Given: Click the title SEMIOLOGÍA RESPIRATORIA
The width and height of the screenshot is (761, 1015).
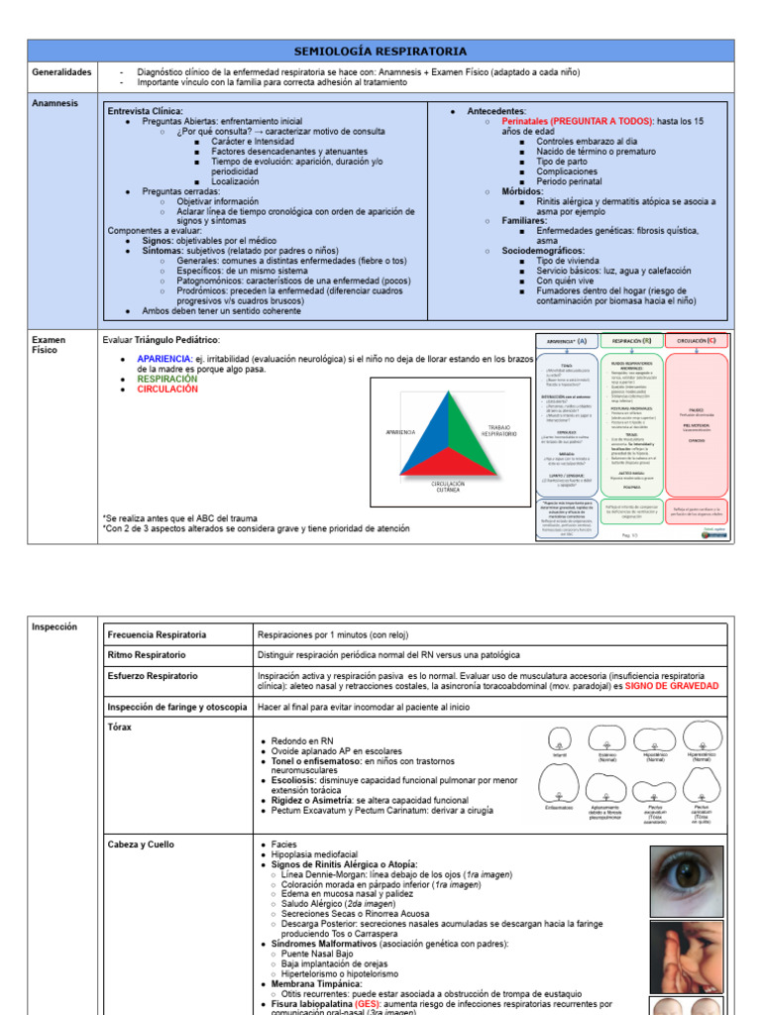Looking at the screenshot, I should point(380,52).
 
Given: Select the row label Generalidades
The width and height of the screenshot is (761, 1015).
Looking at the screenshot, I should point(61,72).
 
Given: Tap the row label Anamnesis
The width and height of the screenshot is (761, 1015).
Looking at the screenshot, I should point(54,102).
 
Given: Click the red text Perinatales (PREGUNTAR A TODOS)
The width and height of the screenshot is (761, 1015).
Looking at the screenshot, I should point(576,121).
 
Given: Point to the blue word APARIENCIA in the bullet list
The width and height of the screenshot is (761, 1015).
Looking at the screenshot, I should point(164,358).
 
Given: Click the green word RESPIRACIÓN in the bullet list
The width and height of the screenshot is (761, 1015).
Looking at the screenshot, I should point(166,379).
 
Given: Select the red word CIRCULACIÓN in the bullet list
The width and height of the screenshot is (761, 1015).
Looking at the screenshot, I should point(166,390).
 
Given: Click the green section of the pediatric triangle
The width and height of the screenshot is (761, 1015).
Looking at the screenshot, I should point(465,434).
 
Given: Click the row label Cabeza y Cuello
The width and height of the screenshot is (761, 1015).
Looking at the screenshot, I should point(140,845).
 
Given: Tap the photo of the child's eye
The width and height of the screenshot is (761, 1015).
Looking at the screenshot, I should point(687,880).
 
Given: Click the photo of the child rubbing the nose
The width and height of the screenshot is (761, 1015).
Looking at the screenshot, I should point(687,957).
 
